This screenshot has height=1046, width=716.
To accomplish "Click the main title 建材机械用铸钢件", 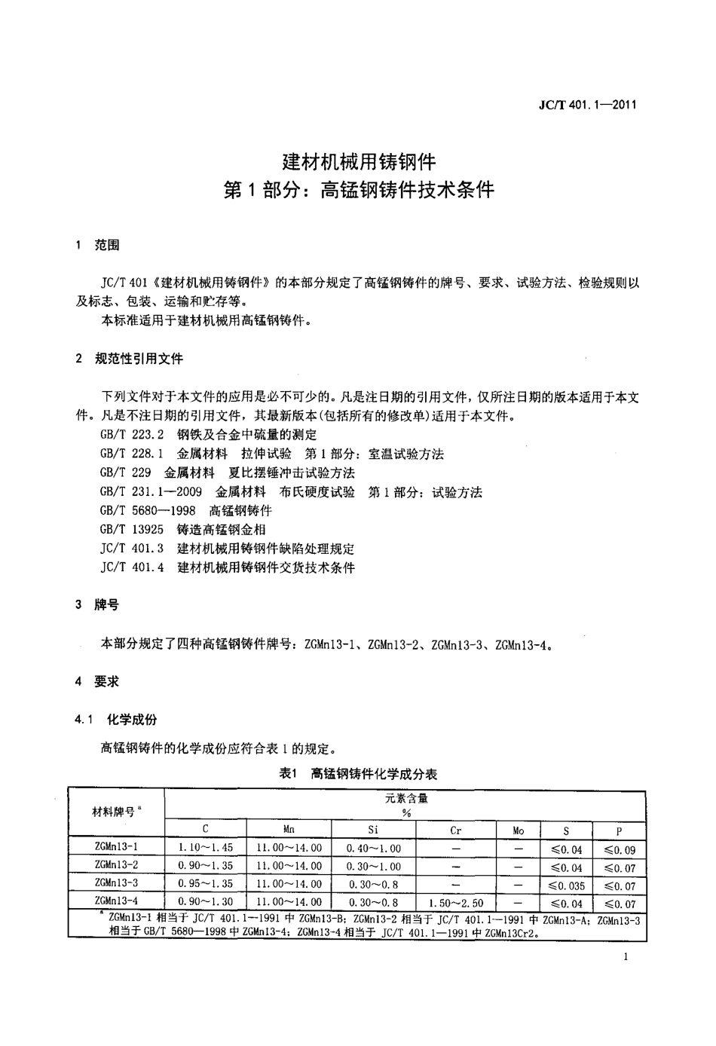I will coord(359,161).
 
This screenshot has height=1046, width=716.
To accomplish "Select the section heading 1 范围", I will coord(97,246).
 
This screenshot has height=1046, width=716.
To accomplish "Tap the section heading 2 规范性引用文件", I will coord(129,359).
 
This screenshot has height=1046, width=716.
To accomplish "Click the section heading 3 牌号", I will coord(97,605).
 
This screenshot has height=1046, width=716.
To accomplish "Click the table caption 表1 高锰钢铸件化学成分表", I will coord(358,774).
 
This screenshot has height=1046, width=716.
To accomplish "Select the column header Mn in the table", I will coord(289,830).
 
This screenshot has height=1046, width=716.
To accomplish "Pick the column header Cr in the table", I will coord(455,830).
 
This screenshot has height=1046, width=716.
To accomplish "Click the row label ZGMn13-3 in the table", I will coord(116,883).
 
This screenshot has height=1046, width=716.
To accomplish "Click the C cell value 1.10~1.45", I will coord(205,849).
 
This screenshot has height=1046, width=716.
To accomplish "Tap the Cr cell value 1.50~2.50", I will coord(455,903).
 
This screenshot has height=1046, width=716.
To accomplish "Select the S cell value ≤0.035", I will coord(566,885).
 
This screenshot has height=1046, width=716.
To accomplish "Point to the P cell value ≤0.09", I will coord(620,849).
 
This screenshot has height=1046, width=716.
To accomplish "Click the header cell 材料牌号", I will coord(116,812).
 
